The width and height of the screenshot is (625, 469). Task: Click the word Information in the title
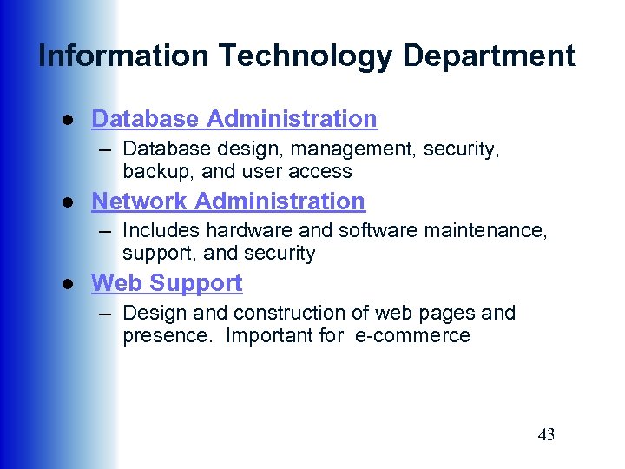(124, 56)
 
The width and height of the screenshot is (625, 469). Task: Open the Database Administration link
(234, 119)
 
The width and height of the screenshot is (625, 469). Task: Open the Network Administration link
(228, 201)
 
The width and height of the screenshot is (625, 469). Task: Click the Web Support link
(167, 283)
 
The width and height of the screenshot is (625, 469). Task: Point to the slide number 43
(546, 435)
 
